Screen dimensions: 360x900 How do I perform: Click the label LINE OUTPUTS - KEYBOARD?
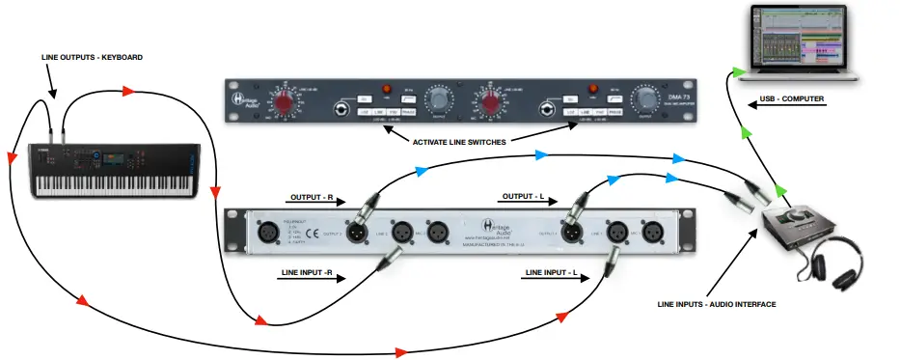[x=93, y=58]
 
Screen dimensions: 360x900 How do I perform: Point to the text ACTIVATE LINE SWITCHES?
[x=459, y=143]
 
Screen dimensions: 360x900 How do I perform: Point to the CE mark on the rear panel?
[x=314, y=232]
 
